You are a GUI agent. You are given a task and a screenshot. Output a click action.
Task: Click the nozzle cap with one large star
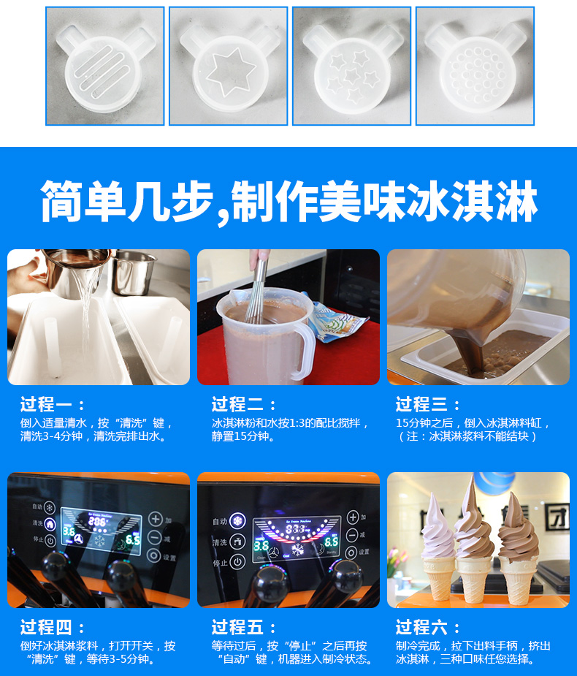[229, 68]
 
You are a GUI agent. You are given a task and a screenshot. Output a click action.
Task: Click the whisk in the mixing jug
[258, 289]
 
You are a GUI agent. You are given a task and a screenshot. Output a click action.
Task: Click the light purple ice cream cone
[437, 547]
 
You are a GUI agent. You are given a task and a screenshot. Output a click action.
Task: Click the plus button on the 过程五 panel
[353, 517]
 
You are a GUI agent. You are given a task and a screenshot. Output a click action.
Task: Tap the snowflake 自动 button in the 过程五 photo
[237, 521]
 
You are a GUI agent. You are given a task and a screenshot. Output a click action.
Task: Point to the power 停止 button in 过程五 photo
[237, 562]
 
